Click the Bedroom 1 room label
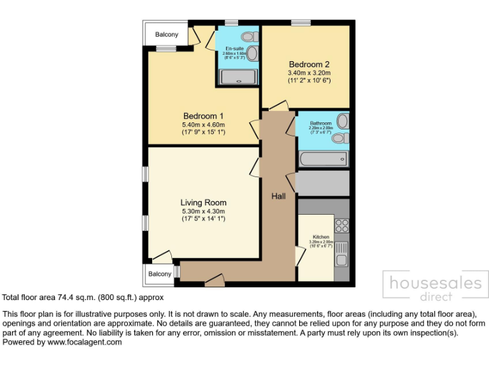click(204, 115)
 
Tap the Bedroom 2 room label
click(309, 64)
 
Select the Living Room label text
click(203, 203)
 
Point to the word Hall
click(278, 196)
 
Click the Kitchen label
click(320, 236)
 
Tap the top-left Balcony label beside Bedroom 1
click(167, 34)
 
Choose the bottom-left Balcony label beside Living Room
click(160, 274)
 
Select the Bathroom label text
click(320, 123)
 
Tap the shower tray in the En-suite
click(239, 77)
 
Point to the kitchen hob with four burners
click(342, 225)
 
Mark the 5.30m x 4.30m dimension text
click(203, 212)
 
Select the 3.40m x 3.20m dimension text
click(309, 73)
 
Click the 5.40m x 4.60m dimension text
click(204, 125)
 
